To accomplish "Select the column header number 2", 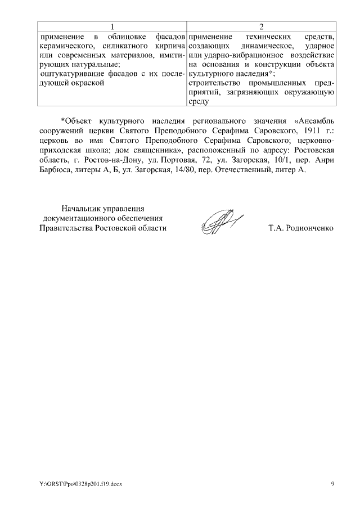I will click(x=262, y=27).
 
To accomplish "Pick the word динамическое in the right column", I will click(x=259, y=44).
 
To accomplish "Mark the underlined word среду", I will click(x=199, y=102).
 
